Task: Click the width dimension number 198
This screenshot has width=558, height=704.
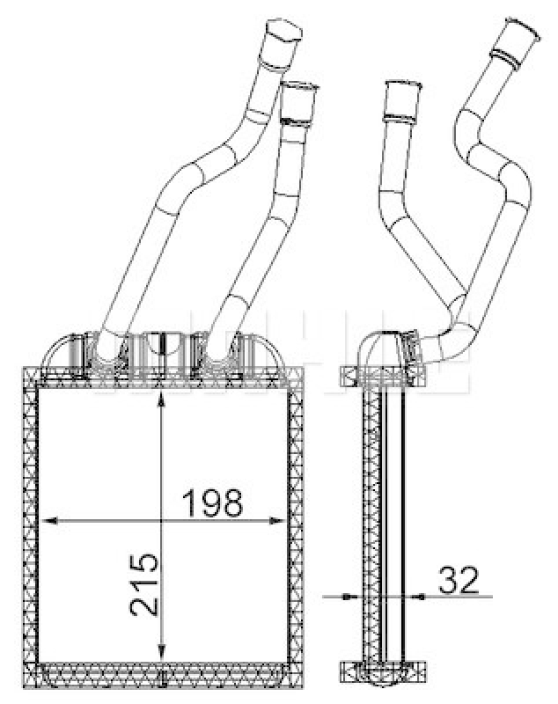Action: [x=212, y=502]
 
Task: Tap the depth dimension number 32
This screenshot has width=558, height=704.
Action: [x=458, y=580]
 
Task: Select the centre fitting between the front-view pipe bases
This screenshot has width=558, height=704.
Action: [x=159, y=348]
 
